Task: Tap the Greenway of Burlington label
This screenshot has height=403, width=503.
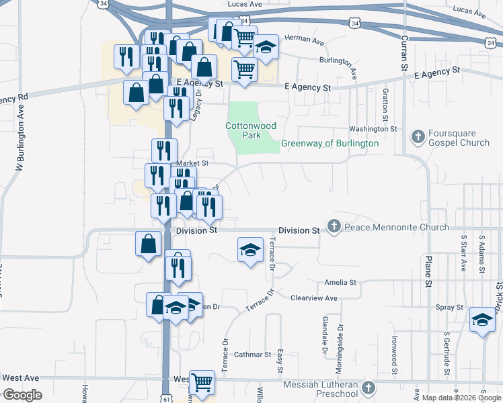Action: pos(330,144)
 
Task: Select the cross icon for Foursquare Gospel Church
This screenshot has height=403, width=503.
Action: pos(418,137)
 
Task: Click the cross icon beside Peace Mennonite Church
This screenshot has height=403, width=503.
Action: pos(334,227)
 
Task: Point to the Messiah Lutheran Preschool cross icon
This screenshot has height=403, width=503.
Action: pos(368,388)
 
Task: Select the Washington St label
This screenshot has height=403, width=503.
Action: pos(373,129)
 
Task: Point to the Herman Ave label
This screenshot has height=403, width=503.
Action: pos(304,40)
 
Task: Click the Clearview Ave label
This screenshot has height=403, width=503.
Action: pos(314,298)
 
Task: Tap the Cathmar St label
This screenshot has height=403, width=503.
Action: pos(252,355)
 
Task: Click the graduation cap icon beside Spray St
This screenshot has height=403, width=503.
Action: pos(482,319)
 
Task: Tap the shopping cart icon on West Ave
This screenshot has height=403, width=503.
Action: pos(202,382)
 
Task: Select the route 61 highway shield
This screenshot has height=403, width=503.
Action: pos(165,398)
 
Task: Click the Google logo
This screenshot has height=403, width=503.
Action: pos(22,395)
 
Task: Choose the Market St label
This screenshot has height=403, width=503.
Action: pos(193,163)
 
